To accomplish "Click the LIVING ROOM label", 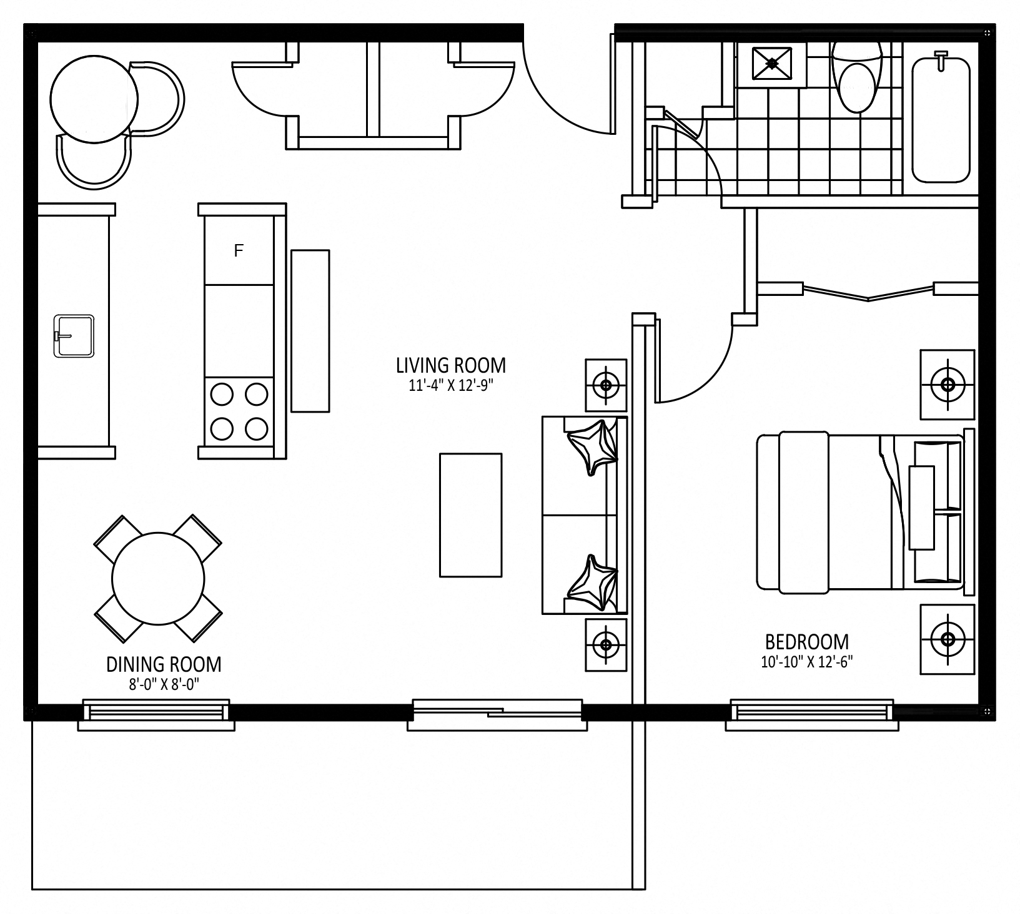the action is tap(451, 365).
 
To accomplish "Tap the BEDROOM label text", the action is tap(807, 642).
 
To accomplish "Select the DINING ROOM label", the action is tap(164, 664).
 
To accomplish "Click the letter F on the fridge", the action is tap(238, 251).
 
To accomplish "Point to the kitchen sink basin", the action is tap(74, 336).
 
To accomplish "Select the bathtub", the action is tap(941, 119).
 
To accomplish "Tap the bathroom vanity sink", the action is tap(773, 63).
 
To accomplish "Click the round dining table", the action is tap(158, 578).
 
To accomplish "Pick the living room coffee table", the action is tap(471, 515).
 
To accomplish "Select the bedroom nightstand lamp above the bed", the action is tap(948, 384).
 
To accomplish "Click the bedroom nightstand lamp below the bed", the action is tap(948, 639).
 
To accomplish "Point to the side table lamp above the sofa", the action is tap(605, 385).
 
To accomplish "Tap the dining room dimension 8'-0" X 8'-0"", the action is tap(164, 685).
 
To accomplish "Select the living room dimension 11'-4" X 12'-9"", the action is tap(451, 386).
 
